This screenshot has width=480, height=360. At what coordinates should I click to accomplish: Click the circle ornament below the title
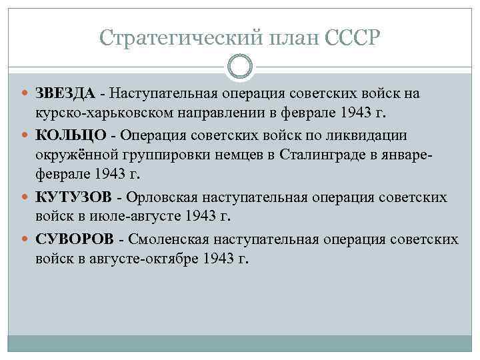coord(240,66)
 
